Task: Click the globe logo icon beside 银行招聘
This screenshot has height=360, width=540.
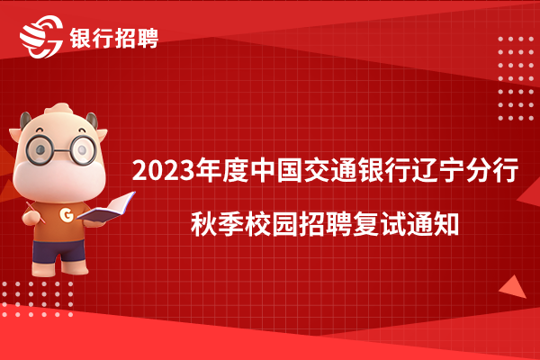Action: (x=41, y=37)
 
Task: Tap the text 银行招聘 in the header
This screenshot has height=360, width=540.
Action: (x=114, y=38)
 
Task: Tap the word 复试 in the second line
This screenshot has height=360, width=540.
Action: (x=379, y=225)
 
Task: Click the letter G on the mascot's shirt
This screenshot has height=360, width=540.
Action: (x=67, y=214)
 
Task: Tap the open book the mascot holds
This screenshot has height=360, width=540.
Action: (x=106, y=207)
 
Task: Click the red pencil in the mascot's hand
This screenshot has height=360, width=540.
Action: (x=35, y=212)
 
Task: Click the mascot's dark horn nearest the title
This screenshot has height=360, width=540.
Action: (x=93, y=120)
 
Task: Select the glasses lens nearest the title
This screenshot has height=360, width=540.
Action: (x=83, y=150)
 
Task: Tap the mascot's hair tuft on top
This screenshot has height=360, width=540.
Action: (x=59, y=110)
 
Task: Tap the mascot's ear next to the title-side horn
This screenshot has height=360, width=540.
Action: (x=102, y=134)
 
